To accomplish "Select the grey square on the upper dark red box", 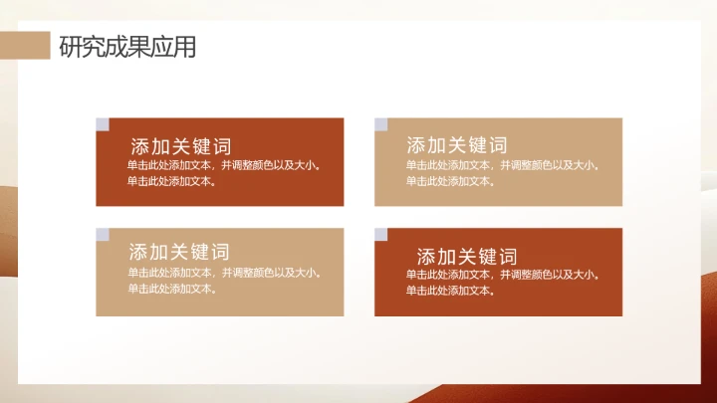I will point(102,124).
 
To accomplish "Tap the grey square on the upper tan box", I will point(380,124).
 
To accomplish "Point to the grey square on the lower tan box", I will point(102,234).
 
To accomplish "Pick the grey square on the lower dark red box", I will point(380,234).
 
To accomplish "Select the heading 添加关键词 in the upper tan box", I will point(457,145).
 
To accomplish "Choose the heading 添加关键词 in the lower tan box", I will point(179,252).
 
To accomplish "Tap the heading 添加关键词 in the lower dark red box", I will point(467,256).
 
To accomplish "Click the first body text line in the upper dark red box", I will point(224,165).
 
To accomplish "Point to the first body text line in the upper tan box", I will point(502,165).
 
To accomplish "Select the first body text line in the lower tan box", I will point(224,273).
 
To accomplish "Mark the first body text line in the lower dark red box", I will point(502,274).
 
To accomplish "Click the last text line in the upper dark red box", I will point(171,181).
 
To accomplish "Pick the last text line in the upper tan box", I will point(450,181).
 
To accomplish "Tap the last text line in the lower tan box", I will point(171,289).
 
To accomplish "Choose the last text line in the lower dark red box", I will point(450,291).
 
